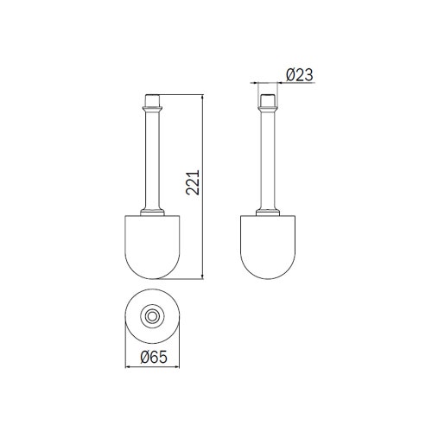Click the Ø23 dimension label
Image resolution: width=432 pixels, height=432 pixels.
tap(299, 75)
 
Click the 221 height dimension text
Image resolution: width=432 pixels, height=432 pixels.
tap(193, 182)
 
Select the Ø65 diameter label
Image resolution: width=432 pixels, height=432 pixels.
tap(154, 358)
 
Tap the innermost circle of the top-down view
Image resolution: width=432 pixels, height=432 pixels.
tap(152, 316)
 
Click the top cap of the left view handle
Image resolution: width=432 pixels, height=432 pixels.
tap(152, 100)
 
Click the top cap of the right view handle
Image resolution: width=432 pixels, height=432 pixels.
tap(268, 100)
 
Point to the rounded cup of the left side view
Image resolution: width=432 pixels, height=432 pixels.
tap(152, 247)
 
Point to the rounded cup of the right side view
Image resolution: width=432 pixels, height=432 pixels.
tap(268, 247)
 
